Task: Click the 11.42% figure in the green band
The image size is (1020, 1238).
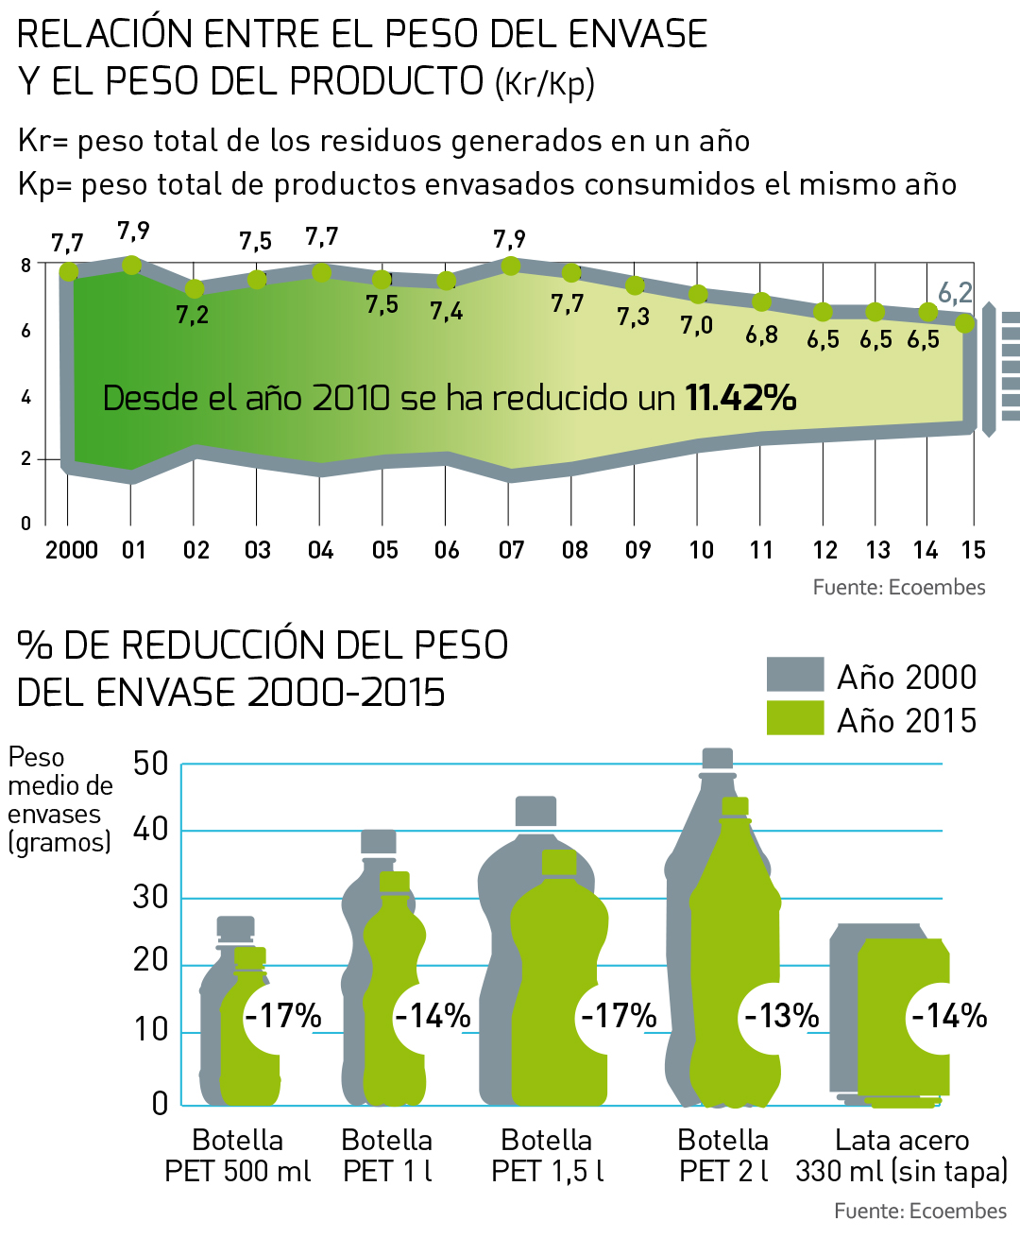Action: (x=740, y=398)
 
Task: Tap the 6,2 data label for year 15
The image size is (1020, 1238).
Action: (x=955, y=293)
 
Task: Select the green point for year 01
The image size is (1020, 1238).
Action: (x=132, y=265)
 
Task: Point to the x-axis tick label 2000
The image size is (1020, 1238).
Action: (x=72, y=550)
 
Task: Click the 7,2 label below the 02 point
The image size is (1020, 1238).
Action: (x=193, y=315)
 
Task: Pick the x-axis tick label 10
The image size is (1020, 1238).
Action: (x=701, y=550)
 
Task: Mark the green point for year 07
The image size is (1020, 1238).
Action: (x=511, y=266)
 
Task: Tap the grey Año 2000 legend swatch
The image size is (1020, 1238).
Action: (x=795, y=675)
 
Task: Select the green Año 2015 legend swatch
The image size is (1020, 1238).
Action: (x=795, y=718)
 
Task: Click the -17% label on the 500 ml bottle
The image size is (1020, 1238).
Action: (x=283, y=1016)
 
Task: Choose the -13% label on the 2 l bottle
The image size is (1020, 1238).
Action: (x=782, y=1016)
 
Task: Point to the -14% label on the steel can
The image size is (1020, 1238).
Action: (x=948, y=1016)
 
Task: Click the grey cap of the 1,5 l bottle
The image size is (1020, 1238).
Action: (x=535, y=811)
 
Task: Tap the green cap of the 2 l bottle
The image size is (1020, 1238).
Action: (x=735, y=806)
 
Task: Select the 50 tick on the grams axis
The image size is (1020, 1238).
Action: (x=151, y=764)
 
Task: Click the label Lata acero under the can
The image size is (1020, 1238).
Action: (x=902, y=1141)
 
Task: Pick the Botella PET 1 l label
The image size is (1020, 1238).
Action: (x=387, y=1155)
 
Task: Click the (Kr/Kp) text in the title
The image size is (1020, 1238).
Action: (x=545, y=83)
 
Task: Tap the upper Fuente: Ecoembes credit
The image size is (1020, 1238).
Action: (x=898, y=587)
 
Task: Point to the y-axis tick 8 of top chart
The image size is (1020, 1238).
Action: (x=26, y=266)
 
